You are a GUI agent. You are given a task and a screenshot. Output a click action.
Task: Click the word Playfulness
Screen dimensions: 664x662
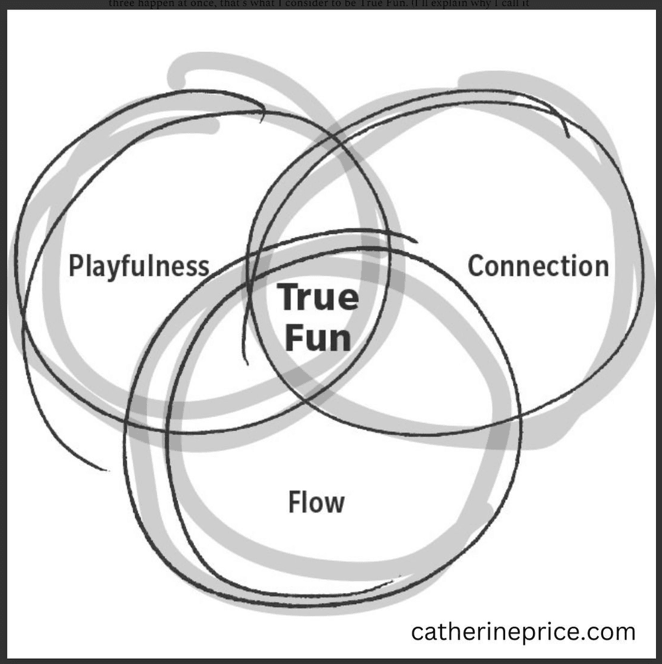139,266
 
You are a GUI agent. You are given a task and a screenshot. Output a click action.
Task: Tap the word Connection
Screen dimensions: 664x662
538,266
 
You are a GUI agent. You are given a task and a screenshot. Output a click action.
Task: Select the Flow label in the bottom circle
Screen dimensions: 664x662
316,502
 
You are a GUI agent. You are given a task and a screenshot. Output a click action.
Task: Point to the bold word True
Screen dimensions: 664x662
318,298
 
